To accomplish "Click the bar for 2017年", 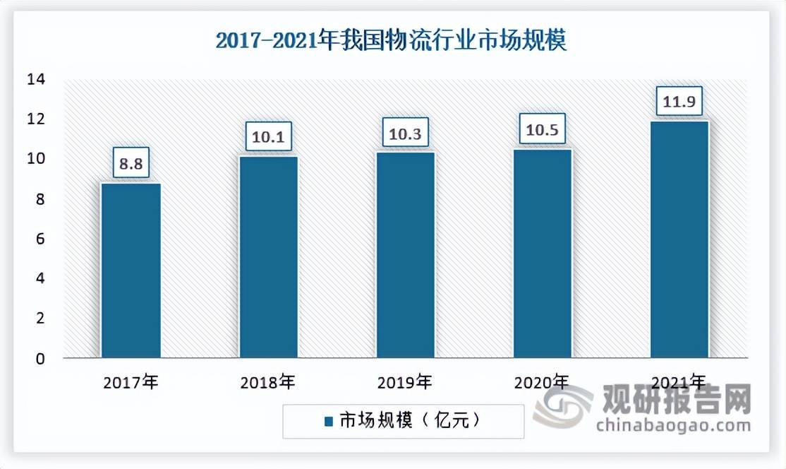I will point(131,271).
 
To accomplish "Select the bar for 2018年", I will point(269,257).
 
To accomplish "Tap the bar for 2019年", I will point(405,255).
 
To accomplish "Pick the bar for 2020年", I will point(542,254).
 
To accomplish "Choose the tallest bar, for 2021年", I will point(679,239).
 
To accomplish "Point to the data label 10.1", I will point(269,136).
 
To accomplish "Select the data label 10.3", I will point(405,132).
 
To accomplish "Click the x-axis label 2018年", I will point(267,384).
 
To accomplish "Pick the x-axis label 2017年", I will point(131,384).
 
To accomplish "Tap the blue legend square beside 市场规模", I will point(328,422).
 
